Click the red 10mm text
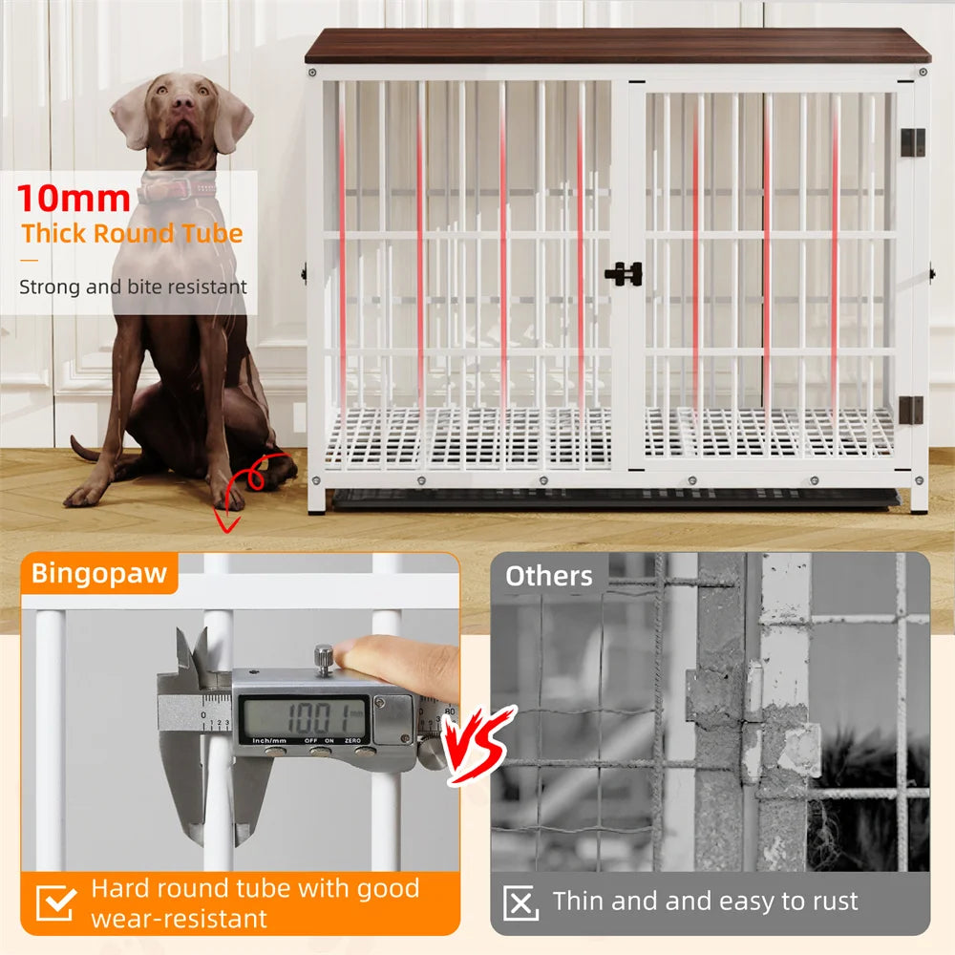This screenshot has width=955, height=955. click(74, 199)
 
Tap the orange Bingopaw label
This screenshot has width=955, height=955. click(99, 573)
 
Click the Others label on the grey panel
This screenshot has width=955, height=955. click(548, 576)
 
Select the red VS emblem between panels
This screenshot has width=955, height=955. click(480, 744)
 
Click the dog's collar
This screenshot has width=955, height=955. click(178, 189)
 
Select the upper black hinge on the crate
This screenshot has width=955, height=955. click(912, 142)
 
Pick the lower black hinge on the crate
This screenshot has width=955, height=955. click(912, 409)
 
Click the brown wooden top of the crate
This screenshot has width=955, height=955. click(617, 46)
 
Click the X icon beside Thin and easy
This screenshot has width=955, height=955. click(520, 902)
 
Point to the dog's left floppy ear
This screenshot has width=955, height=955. click(233, 117)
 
